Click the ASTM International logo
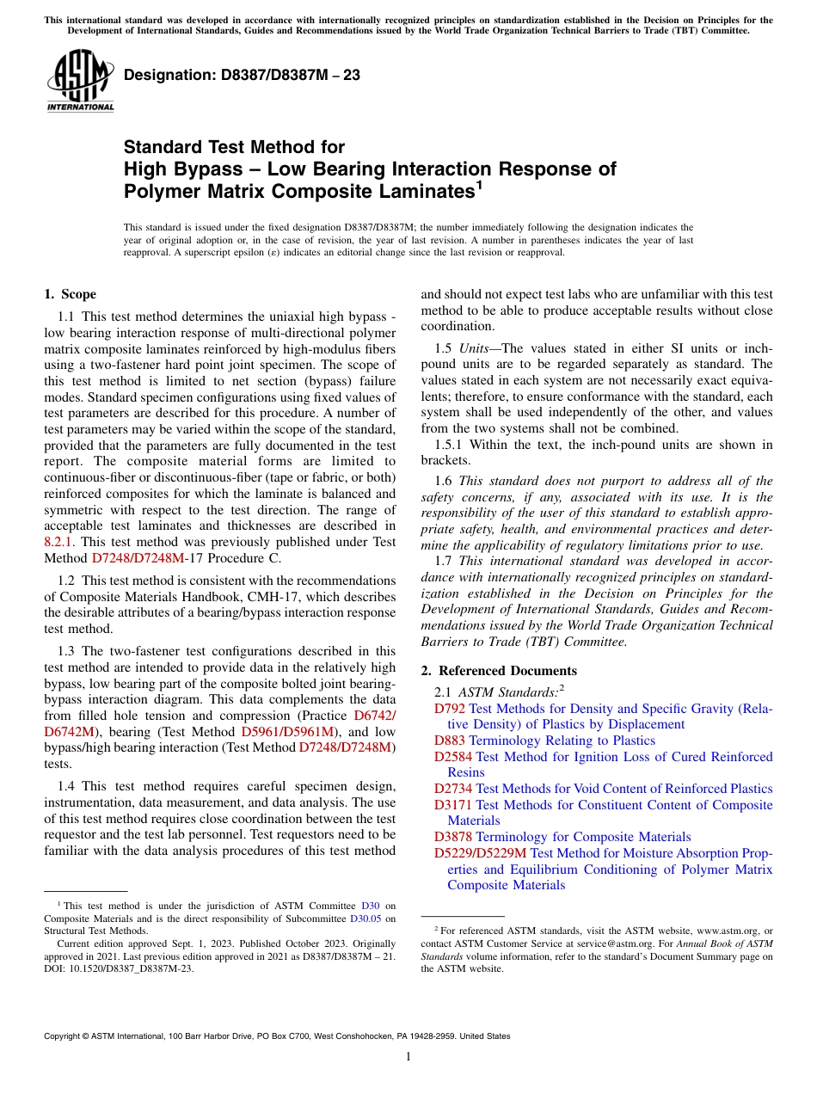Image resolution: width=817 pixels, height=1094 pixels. [x=80, y=83]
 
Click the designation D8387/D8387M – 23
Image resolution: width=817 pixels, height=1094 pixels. [x=242, y=75]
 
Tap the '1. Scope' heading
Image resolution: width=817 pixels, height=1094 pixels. [x=70, y=294]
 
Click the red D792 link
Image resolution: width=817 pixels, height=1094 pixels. [x=450, y=709]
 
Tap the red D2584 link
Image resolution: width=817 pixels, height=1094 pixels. [x=453, y=757]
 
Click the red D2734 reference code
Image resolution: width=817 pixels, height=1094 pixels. [x=453, y=789]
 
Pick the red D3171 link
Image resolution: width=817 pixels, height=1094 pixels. [x=453, y=805]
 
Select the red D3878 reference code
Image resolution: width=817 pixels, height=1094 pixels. [x=453, y=837]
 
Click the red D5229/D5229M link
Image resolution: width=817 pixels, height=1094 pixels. [x=480, y=853]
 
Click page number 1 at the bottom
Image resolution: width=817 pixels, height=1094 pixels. [x=408, y=1057]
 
